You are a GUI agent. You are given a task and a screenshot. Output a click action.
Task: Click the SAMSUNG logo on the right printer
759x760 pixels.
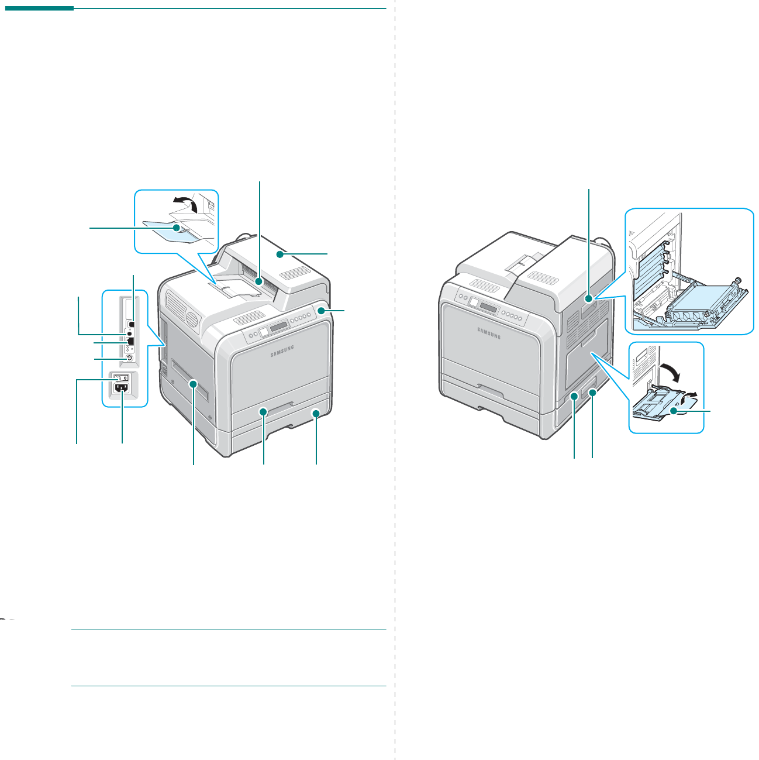[489, 332]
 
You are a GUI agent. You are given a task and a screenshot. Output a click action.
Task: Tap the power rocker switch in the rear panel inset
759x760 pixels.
[121, 377]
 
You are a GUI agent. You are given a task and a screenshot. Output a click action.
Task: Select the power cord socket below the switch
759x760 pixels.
[122, 388]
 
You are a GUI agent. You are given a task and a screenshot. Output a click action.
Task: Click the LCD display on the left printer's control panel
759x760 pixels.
[279, 325]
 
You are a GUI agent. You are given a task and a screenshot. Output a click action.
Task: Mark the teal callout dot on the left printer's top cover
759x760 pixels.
[281, 254]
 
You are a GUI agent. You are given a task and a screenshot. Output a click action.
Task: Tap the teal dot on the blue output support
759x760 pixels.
[175, 227]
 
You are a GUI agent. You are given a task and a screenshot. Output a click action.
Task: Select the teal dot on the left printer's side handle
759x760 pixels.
[194, 383]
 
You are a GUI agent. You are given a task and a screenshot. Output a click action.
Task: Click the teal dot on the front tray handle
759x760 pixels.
[264, 412]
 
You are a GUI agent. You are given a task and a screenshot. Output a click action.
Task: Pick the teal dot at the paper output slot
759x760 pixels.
[258, 282]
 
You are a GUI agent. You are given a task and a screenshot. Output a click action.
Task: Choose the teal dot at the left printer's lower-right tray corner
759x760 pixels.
[316, 413]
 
